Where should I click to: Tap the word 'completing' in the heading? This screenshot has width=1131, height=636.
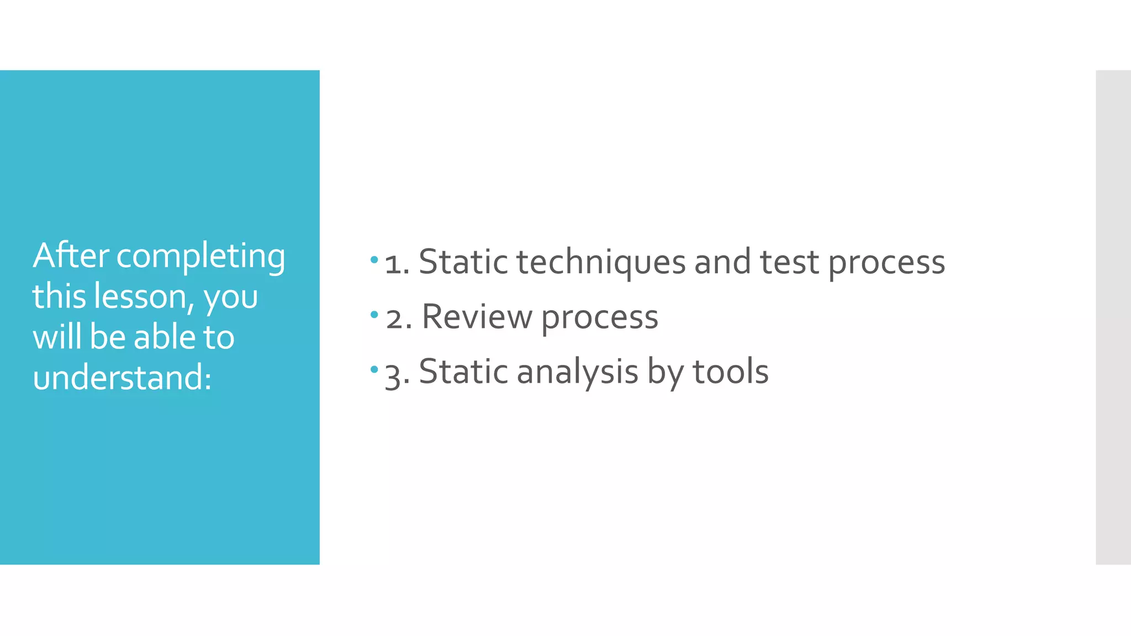(x=200, y=257)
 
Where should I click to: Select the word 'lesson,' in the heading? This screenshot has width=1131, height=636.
(x=144, y=296)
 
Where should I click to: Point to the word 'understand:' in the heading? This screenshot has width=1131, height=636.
(x=122, y=378)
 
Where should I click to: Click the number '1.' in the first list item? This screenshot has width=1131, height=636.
(x=397, y=263)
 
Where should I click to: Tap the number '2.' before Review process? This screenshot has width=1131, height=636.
(x=398, y=319)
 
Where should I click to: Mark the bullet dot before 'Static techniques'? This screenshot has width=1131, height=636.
(x=374, y=259)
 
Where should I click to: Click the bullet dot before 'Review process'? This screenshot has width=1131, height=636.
(x=374, y=315)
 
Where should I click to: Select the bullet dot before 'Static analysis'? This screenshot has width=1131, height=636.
(x=374, y=369)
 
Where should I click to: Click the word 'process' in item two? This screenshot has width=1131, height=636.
(x=599, y=319)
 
